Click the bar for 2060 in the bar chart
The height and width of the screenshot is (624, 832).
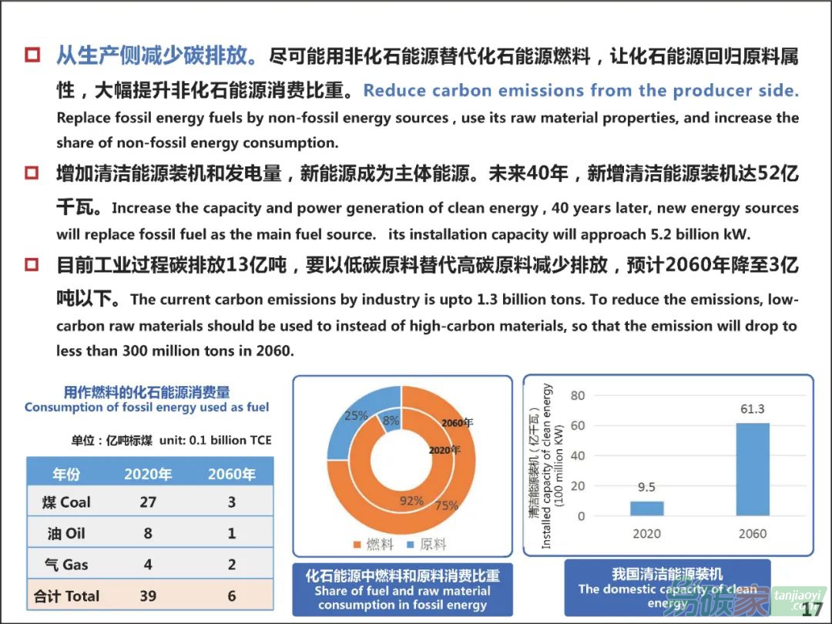753,469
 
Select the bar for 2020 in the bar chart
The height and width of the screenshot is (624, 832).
646,508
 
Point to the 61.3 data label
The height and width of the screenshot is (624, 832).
753,409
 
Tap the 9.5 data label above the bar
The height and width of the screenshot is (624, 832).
646,487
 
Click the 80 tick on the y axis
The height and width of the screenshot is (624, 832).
578,396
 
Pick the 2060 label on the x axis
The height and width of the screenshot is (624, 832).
753,534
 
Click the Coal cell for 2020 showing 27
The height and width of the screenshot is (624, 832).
148,502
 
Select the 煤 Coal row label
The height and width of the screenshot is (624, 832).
66,502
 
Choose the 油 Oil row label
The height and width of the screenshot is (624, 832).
66,533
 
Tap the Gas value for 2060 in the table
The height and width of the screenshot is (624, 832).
232,565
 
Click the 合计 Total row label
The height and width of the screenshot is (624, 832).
66,595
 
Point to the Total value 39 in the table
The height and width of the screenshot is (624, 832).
148,595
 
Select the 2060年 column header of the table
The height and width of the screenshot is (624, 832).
232,474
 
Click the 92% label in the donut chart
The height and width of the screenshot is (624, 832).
411,501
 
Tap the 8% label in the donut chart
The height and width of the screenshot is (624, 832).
391,421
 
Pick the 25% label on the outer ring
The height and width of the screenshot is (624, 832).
355,415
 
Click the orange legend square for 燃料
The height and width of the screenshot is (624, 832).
357,545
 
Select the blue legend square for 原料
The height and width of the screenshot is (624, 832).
411,545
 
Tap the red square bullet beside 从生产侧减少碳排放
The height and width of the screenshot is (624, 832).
32,55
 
